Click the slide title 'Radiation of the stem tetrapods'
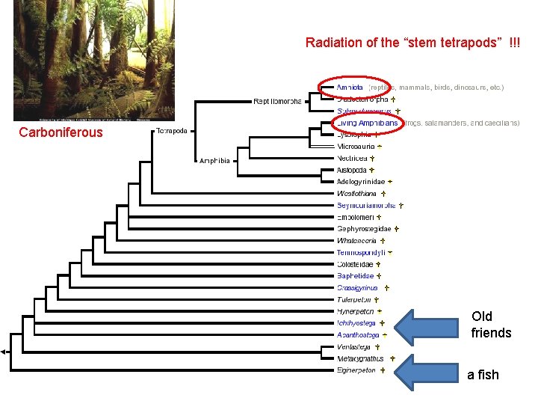pos(413,43)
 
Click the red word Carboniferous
pos(61,133)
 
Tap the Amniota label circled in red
pos(350,88)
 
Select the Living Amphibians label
pos(366,123)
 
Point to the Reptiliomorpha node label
pos(278,100)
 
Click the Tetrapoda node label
pos(173,130)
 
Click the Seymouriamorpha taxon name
pos(365,204)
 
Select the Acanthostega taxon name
pos(358,334)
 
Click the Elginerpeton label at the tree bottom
pos(356,370)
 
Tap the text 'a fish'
pos(483,375)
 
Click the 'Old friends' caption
pos(491,325)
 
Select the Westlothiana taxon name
pos(357,193)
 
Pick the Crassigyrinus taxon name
pos(357,287)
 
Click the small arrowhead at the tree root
pos(4,352)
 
